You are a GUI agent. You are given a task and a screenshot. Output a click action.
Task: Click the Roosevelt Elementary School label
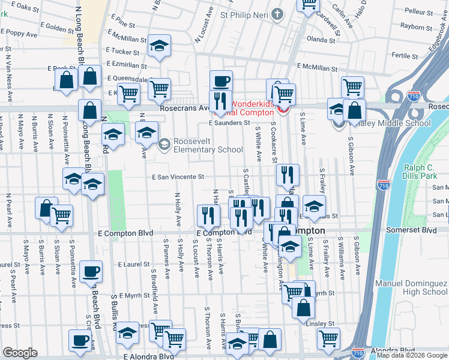coord(208,146)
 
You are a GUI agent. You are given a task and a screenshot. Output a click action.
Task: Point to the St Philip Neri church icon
coord(277,14)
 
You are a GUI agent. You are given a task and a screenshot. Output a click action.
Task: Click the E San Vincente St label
coord(178,178)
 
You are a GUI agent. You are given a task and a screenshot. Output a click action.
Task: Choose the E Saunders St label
coord(229,123)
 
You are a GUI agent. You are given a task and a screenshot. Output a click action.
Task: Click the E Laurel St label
coord(133,264)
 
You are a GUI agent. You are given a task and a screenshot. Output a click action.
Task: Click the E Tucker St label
coord(125,52)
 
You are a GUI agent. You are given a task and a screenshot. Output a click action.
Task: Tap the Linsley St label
coord(322,324)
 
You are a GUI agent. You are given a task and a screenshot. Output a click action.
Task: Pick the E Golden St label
coord(58,28)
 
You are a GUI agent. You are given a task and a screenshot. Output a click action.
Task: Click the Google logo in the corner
coord(20,353)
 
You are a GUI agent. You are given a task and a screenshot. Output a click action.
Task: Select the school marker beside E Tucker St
coord(159,47)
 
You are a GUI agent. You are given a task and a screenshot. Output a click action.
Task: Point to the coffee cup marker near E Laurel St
coord(91,271)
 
